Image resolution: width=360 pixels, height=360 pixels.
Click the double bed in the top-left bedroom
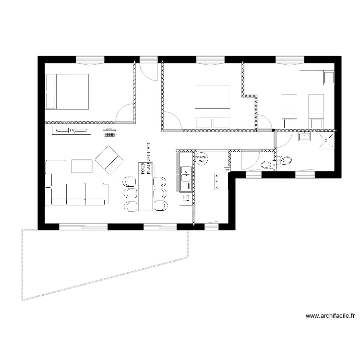67,91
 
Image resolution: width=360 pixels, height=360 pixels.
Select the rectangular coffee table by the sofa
82,166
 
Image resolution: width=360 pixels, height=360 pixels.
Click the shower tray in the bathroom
326,141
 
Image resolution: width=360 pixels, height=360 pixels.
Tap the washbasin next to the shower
304,137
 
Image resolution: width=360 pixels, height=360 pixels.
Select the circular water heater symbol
202,158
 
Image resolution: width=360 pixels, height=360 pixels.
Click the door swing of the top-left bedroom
125,113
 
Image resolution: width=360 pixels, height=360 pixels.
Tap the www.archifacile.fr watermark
331,316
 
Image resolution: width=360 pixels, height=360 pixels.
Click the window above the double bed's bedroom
90,60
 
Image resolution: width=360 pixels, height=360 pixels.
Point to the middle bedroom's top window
210,60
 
